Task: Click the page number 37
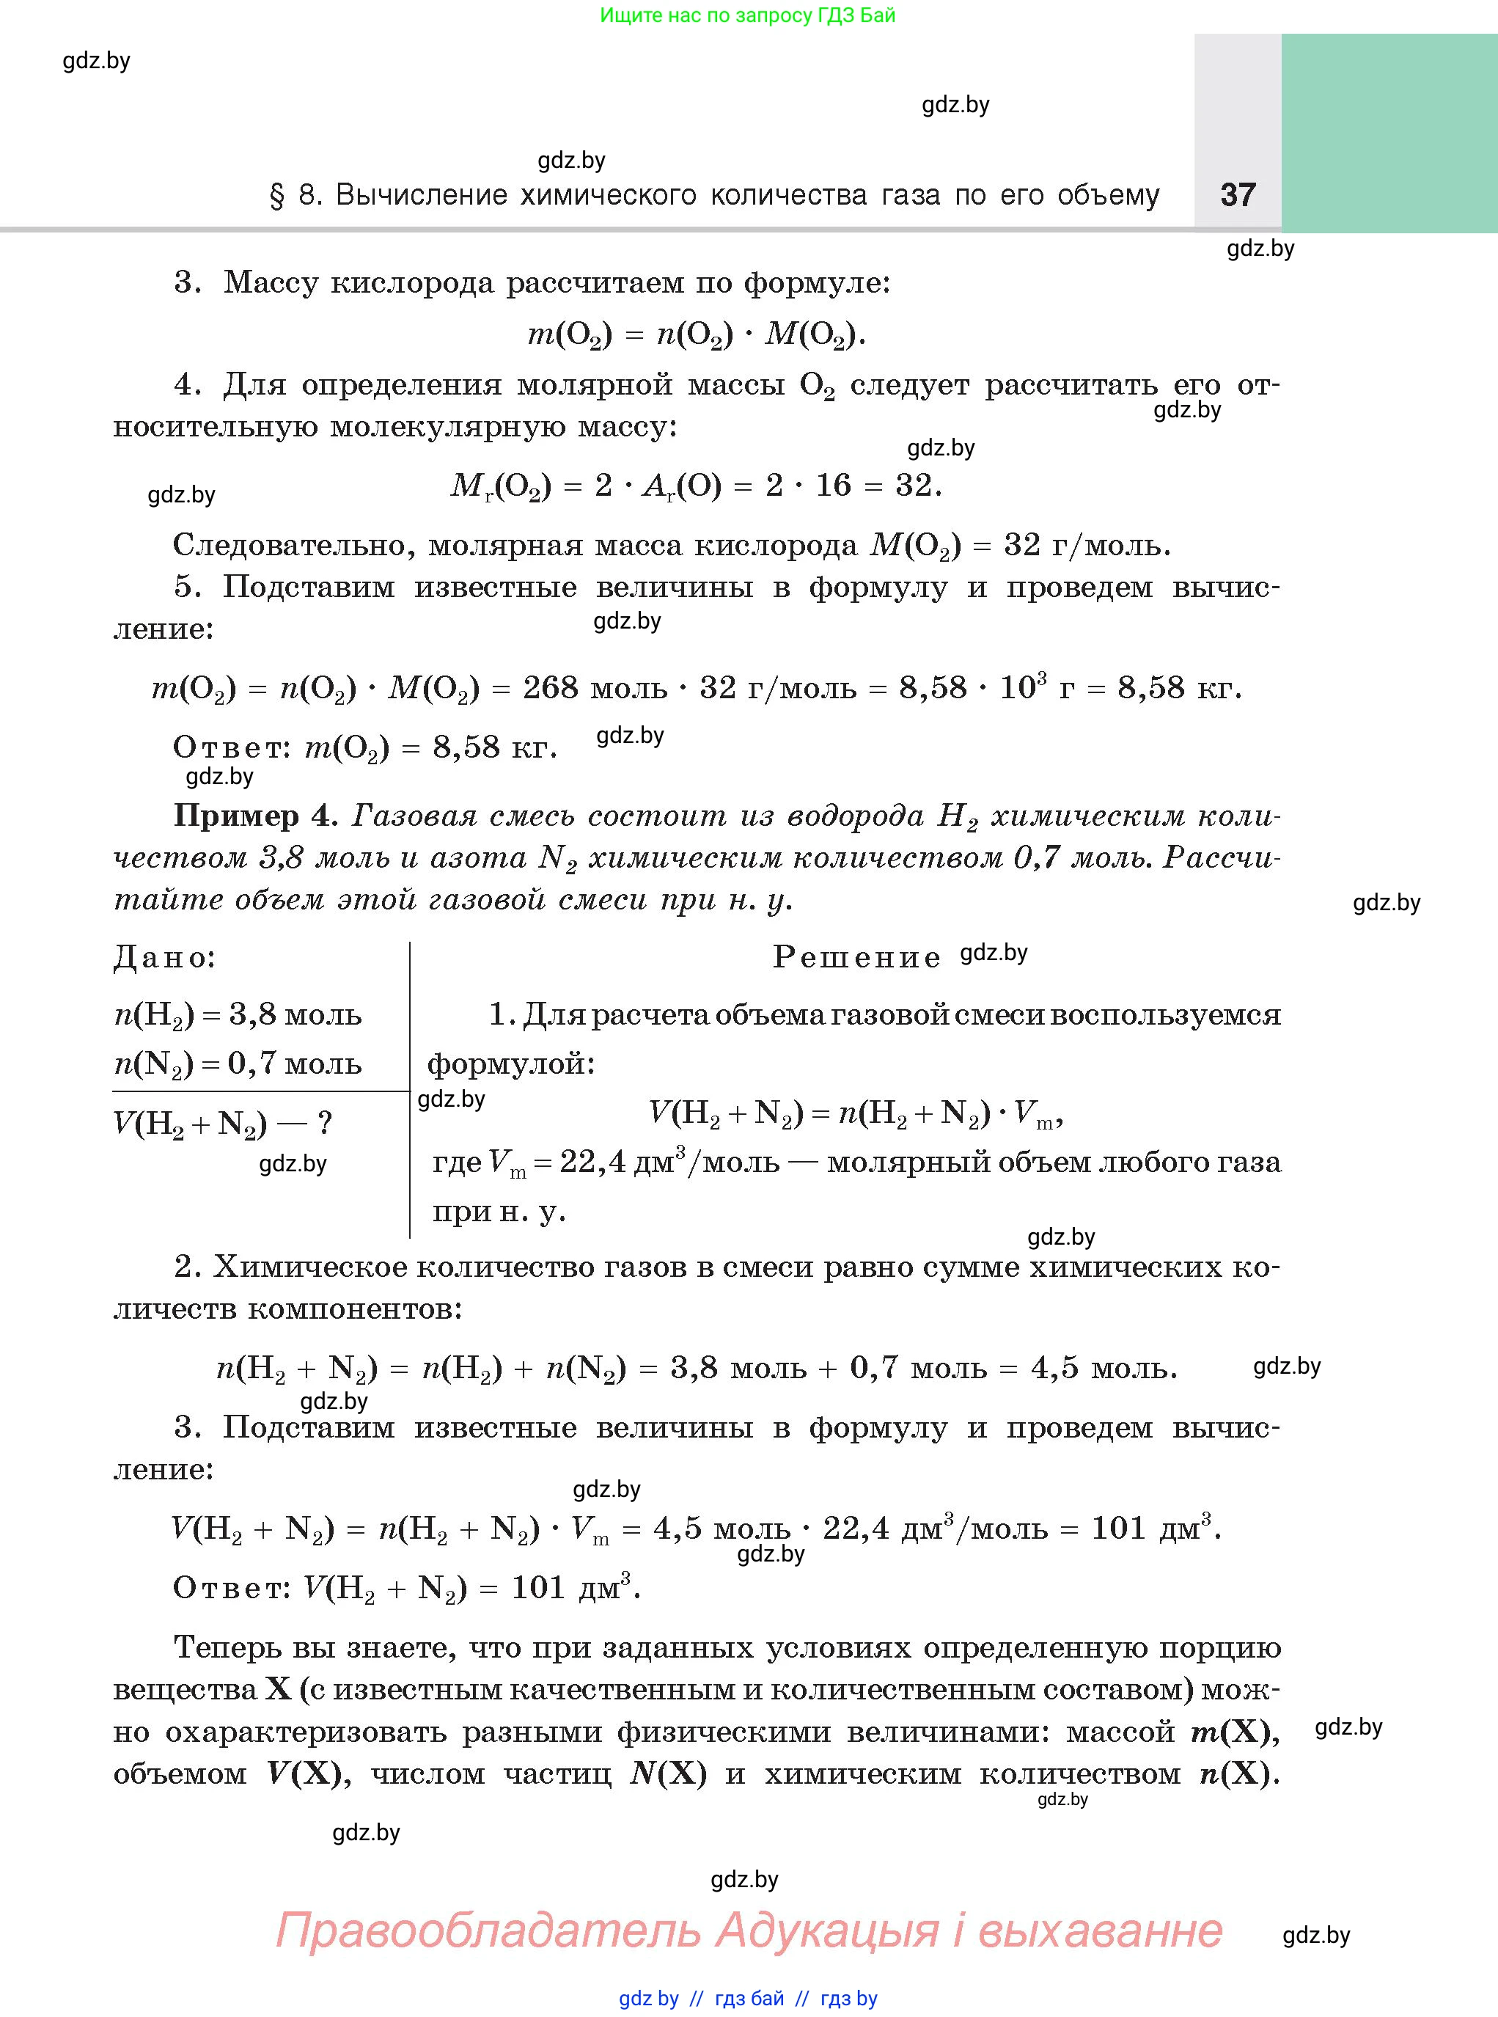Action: [1238, 195]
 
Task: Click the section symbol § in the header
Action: [276, 197]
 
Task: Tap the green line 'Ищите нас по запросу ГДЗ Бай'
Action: [747, 15]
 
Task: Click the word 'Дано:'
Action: [165, 957]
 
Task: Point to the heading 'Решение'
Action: [856, 958]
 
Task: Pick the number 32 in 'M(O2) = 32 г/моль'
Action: [1022, 545]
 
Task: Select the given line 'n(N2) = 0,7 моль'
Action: [238, 1063]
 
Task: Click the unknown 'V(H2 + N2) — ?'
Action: [223, 1124]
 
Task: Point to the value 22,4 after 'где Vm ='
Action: [593, 1162]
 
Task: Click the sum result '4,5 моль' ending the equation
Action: [1103, 1368]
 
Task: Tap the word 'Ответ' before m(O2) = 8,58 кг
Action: [231, 747]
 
